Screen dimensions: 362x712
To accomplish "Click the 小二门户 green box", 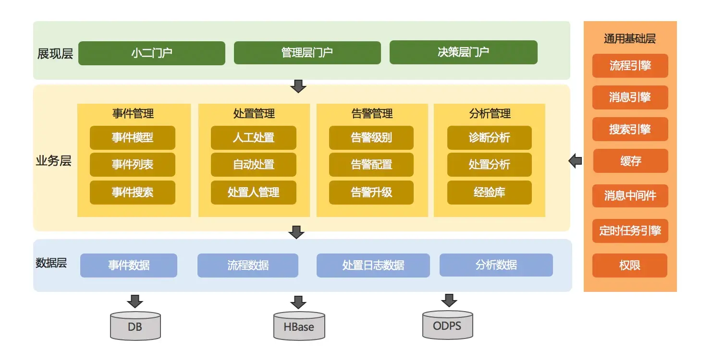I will click(x=151, y=53).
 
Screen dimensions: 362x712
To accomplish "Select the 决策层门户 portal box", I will click(x=463, y=52).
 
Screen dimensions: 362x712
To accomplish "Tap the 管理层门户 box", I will click(x=307, y=52).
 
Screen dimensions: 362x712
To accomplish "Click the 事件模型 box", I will click(x=132, y=138).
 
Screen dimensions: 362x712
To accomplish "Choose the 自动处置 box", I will click(x=253, y=165).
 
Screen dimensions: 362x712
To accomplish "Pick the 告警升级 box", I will click(x=371, y=193).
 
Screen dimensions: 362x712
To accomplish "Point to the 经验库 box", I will click(x=489, y=193).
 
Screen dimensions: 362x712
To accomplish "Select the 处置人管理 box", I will click(x=253, y=193).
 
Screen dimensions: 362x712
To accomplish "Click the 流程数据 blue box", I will click(x=247, y=265).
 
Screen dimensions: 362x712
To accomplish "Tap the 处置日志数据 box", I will click(x=373, y=265).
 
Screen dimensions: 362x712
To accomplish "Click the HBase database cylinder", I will click(x=299, y=326).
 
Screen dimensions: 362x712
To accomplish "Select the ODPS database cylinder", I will click(x=447, y=325).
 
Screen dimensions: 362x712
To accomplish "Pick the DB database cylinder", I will click(x=135, y=326).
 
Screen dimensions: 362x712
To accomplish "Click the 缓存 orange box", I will click(x=630, y=161).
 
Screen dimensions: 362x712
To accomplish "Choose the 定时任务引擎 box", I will click(x=630, y=231).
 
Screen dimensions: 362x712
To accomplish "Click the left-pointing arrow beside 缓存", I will click(x=575, y=161).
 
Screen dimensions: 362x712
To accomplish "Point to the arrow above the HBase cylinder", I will click(x=298, y=302).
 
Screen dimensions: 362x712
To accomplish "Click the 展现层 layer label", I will click(x=55, y=53).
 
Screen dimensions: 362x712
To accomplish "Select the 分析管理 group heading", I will click(x=490, y=114).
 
